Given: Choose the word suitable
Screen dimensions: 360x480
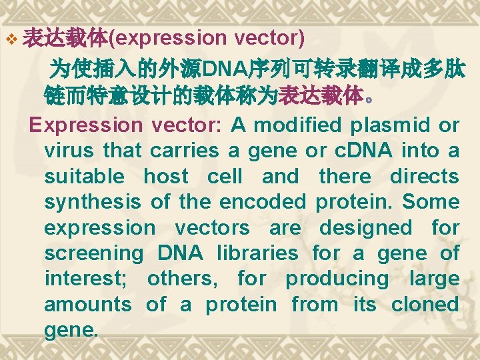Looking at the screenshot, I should click(x=84, y=177).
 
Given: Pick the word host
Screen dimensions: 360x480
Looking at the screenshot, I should click(x=167, y=177).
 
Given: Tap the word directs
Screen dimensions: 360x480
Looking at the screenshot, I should click(x=424, y=177).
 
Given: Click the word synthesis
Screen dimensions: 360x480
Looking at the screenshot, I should click(x=93, y=202).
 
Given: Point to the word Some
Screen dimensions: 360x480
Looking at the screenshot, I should click(x=431, y=202).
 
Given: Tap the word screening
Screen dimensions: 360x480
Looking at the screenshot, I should click(x=93, y=253).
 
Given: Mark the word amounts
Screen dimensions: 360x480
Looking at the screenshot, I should click(x=88, y=305).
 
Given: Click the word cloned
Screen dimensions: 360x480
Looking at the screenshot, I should click(x=425, y=305).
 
